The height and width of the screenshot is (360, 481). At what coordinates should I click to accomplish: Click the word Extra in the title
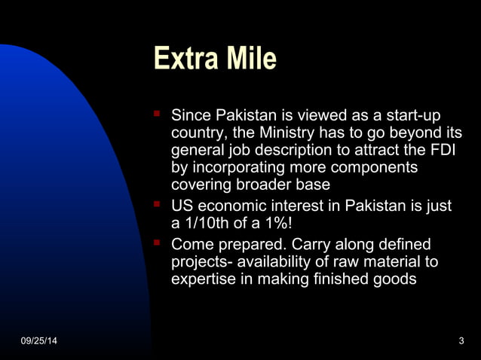pos(180,58)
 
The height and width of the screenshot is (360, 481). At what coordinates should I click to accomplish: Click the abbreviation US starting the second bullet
pos(182,206)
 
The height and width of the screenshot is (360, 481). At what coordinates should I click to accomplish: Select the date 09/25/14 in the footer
pos(38,343)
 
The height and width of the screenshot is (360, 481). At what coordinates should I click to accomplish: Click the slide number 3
pos(461,343)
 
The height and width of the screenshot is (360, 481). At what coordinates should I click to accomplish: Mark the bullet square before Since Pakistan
pos(157,116)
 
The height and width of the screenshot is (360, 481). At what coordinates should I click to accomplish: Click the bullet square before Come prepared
pos(157,243)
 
